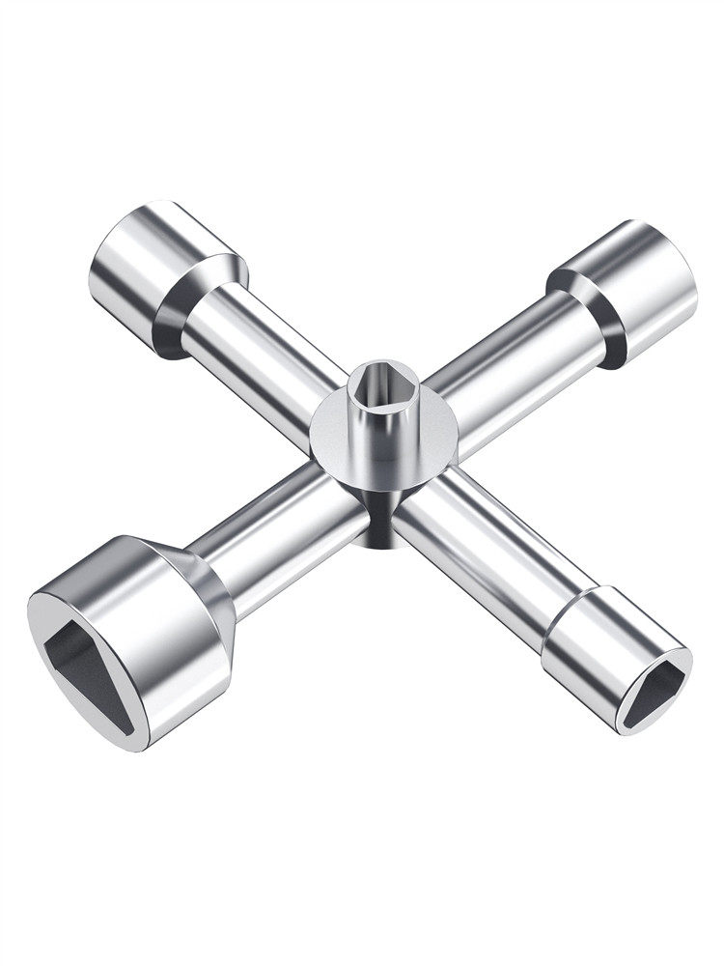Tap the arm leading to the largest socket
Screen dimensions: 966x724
(x=280, y=522)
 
